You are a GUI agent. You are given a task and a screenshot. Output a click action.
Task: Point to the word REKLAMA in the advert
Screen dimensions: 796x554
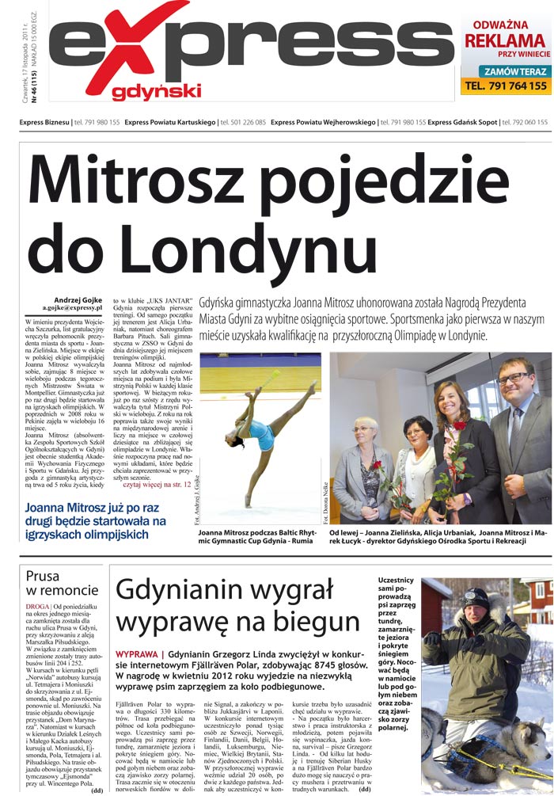(x=504, y=41)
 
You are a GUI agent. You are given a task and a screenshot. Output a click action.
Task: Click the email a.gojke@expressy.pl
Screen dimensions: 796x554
(x=73, y=310)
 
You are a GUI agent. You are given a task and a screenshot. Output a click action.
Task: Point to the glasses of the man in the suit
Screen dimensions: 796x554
(x=514, y=378)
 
